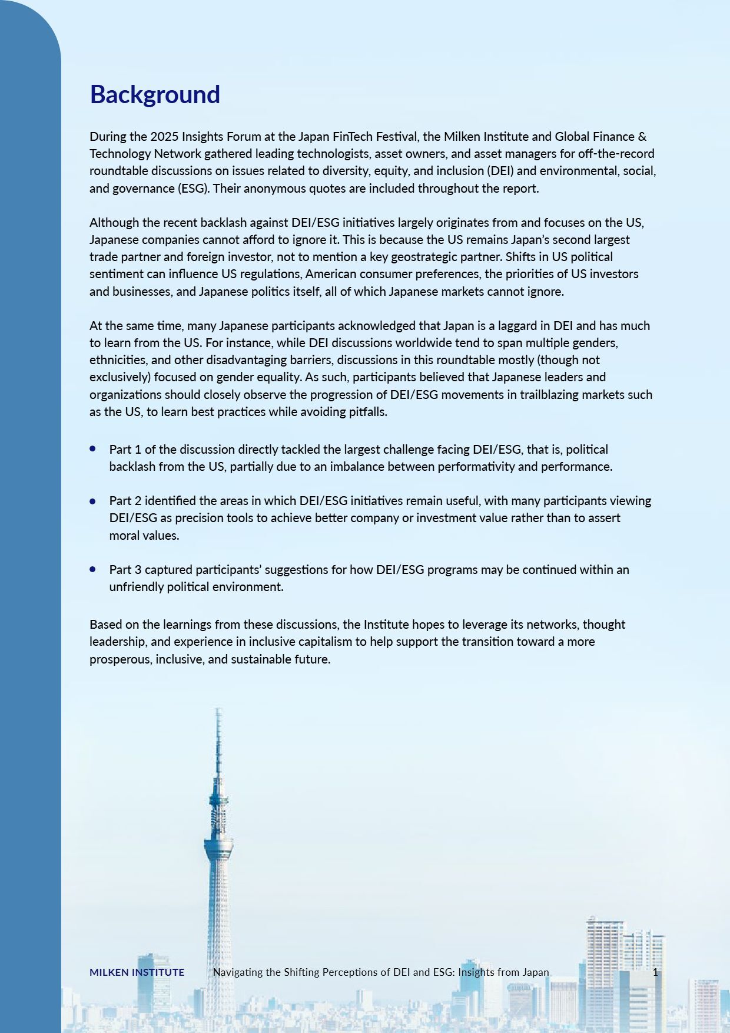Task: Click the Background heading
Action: (x=155, y=94)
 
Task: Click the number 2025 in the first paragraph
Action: (x=164, y=137)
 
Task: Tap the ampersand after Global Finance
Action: (x=642, y=137)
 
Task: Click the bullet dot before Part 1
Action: (x=93, y=448)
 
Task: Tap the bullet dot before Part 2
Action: (x=93, y=501)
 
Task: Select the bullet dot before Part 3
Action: (x=93, y=569)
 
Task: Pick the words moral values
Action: (x=144, y=536)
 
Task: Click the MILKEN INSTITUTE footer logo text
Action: (x=137, y=972)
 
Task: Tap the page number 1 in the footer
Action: (x=655, y=972)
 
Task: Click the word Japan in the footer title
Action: (x=534, y=972)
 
